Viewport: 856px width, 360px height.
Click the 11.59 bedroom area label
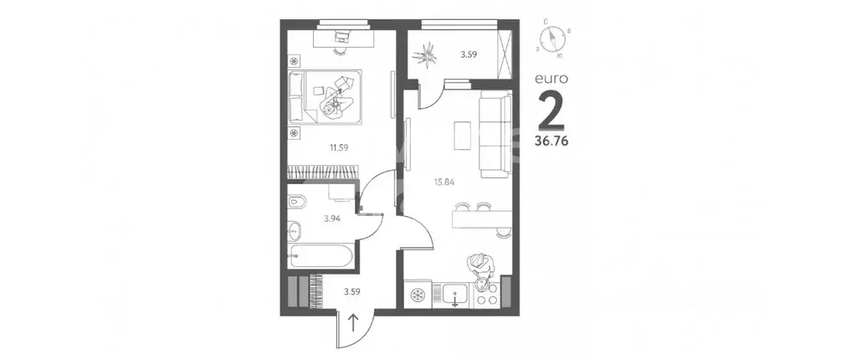338,148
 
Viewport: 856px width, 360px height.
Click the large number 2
551,109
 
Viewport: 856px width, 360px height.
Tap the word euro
552,79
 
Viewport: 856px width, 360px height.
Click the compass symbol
553,39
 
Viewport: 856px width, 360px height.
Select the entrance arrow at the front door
352,321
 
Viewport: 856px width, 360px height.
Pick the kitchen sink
456,295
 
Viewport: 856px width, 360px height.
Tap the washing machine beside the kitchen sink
417,295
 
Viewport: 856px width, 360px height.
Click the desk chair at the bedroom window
342,36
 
